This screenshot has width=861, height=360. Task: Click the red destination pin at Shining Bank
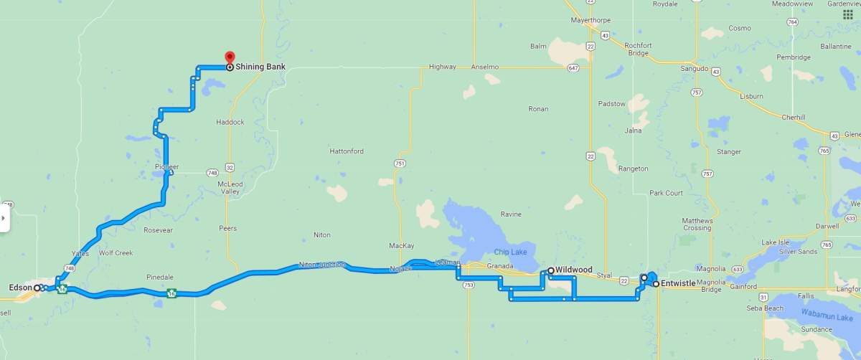coord(230,57)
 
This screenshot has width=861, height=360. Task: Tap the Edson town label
coord(19,288)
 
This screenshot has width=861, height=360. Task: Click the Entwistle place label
coord(679,284)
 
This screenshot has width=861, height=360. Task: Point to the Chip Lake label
coord(510,252)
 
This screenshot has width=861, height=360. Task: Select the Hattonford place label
coord(347,151)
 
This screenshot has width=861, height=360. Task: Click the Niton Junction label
coord(322,265)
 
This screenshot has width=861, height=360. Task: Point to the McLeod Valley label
coord(230,188)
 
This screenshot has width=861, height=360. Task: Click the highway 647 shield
coord(572,68)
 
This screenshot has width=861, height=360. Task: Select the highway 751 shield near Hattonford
coord(399,164)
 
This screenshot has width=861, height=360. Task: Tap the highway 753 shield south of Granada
coord(469,285)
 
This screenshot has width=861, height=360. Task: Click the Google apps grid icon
coord(847,15)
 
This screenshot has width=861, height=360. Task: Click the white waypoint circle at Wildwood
coord(550,270)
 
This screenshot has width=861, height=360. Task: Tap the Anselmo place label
coord(485,67)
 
